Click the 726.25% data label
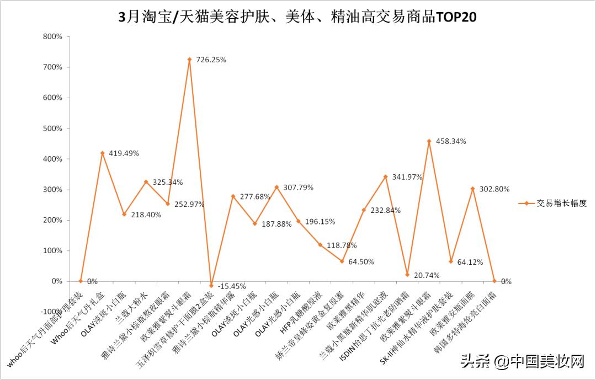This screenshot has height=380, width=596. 212,60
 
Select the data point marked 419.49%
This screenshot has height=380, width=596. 102,153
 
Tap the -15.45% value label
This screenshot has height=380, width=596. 232,286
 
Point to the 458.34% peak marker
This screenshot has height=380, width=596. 429,141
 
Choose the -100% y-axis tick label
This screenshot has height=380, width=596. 51,312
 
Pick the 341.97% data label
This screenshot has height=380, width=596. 407,177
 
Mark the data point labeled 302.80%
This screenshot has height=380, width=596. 472,189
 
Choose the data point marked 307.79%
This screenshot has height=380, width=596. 276,187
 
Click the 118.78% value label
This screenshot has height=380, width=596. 342,245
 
